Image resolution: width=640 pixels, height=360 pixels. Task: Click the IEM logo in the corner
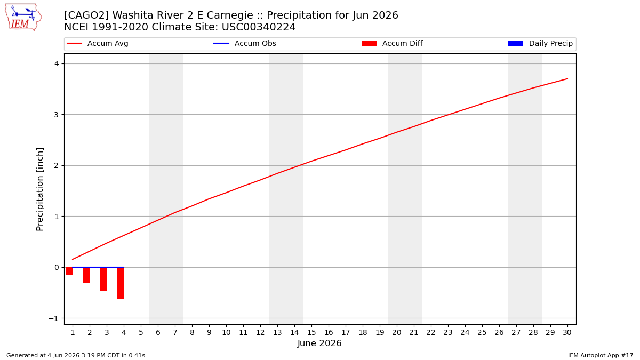pyautogui.click(x=23, y=18)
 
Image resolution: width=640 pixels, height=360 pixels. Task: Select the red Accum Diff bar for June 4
pyautogui.click(x=121, y=283)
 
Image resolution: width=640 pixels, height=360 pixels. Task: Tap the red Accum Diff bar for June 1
pyautogui.click(x=69, y=271)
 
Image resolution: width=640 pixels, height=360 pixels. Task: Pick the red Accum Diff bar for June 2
pyautogui.click(x=86, y=275)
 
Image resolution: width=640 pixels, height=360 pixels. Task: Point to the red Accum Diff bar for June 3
pyautogui.click(x=103, y=279)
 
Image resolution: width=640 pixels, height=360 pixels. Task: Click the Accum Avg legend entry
pyautogui.click(x=98, y=43)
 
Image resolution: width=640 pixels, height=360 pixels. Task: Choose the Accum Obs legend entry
pyautogui.click(x=245, y=43)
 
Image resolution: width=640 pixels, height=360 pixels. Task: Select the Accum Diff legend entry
pyautogui.click(x=392, y=43)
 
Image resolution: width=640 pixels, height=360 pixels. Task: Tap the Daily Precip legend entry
pyautogui.click(x=540, y=43)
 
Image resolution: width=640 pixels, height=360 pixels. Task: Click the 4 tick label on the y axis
pyautogui.click(x=57, y=63)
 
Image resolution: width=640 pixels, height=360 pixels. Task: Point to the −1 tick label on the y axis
pyautogui.click(x=54, y=318)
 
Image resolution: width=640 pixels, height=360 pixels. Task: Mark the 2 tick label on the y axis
pyautogui.click(x=57, y=165)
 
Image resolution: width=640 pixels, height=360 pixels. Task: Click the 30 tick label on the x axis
pyautogui.click(x=567, y=332)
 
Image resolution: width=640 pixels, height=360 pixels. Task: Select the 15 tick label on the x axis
pyautogui.click(x=311, y=332)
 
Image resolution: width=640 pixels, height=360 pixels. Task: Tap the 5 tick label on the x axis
pyautogui.click(x=141, y=332)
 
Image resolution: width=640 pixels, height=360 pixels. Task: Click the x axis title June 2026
pyautogui.click(x=319, y=343)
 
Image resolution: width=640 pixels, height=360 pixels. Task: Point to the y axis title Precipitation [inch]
pyautogui.click(x=39, y=189)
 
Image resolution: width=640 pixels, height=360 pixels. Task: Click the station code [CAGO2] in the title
pyautogui.click(x=86, y=15)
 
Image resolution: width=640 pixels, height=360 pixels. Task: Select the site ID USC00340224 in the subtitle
pyautogui.click(x=259, y=27)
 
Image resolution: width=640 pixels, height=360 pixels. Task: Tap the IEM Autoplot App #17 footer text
pyautogui.click(x=601, y=355)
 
